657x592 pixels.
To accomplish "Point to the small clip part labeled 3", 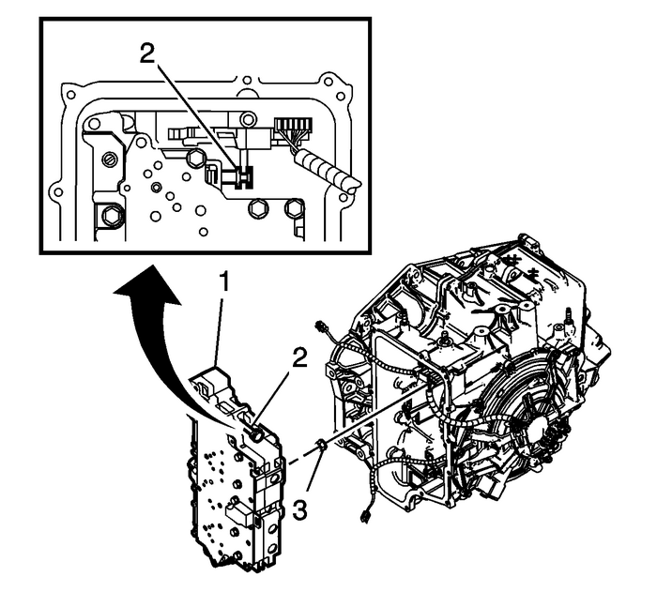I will [x=321, y=442].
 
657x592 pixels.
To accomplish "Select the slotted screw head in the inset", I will [x=110, y=159].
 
